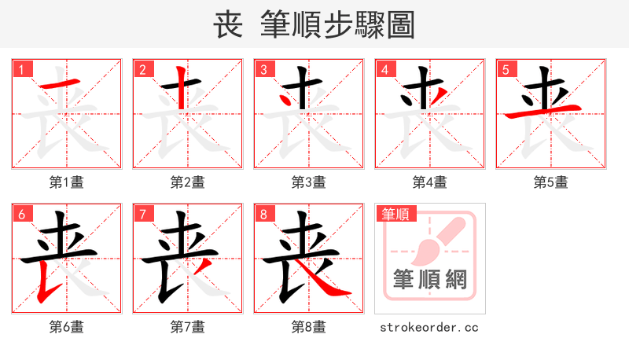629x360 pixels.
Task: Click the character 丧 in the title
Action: coord(228,25)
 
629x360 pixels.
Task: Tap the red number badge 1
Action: coord(20,69)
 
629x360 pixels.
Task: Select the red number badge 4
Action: coord(384,69)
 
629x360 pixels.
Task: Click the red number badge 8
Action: coord(263,214)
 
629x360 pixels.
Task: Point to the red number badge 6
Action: coord(20,214)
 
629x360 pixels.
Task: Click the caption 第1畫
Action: coord(67,182)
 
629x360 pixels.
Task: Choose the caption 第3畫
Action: coord(309,182)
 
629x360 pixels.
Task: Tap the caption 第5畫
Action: coord(551,182)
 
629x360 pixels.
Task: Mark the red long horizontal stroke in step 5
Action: coord(543,112)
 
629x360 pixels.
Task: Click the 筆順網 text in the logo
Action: coord(430,279)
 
